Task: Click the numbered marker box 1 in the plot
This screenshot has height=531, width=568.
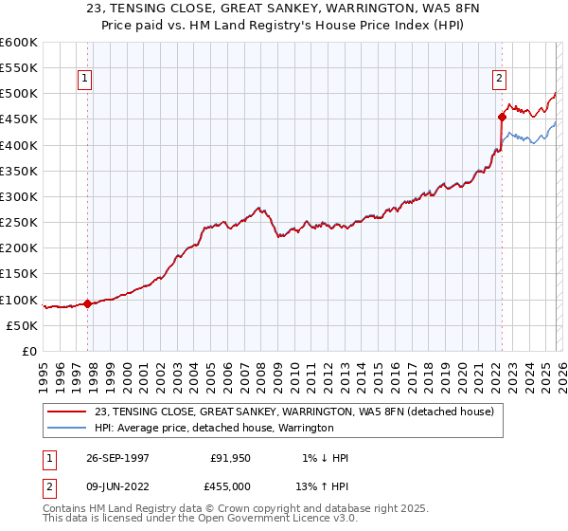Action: pos(86,79)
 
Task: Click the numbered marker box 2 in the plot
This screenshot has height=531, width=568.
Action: pos(499,79)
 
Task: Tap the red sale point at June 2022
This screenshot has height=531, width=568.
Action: pos(501,118)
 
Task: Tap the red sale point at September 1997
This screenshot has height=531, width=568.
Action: pos(88,303)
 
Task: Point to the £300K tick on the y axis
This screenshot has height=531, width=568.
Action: pos(19,197)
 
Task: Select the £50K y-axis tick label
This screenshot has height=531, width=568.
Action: pos(22,325)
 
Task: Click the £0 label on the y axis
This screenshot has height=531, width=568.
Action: pos(29,351)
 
